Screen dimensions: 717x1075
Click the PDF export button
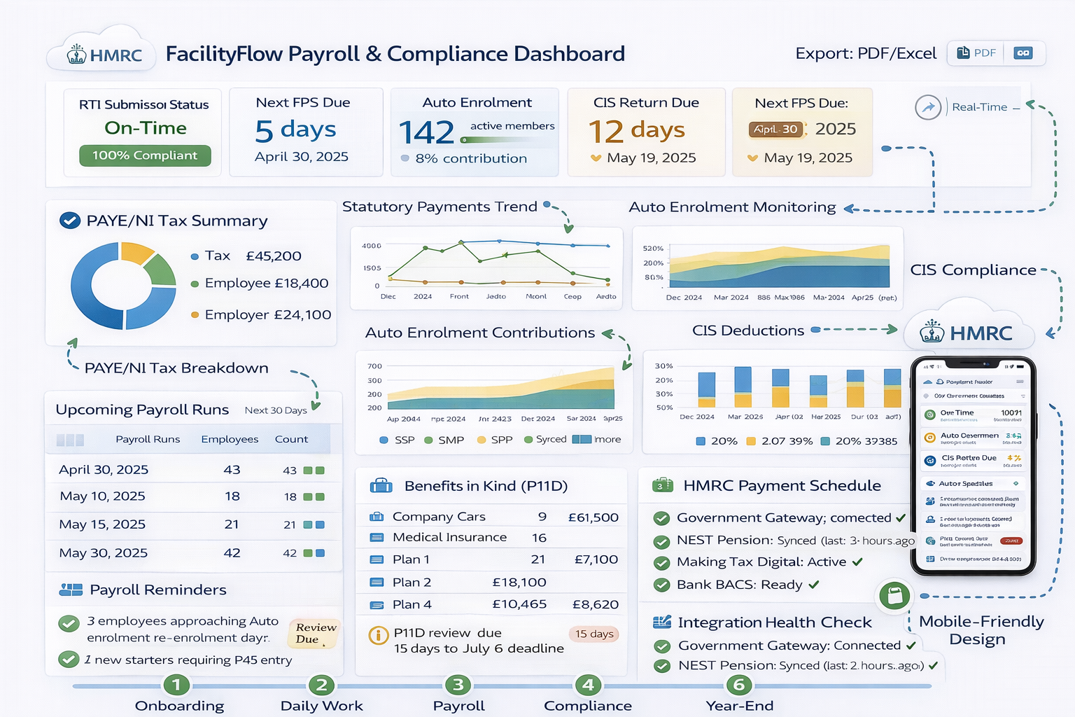976,53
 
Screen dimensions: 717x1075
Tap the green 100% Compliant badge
145,155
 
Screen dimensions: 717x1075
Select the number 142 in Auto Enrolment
426,132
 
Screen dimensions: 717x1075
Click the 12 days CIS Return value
636,130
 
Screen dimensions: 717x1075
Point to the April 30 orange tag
776,130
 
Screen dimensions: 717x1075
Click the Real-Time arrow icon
928,107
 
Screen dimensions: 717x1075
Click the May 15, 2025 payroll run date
102,524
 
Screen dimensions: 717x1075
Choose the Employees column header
230,440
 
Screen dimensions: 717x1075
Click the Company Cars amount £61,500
593,517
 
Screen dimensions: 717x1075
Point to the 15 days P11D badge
593,634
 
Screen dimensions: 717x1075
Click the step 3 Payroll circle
458,685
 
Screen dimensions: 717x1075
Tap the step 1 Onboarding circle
176,685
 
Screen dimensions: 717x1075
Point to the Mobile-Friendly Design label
981,630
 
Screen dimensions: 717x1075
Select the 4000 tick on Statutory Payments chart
372,246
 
